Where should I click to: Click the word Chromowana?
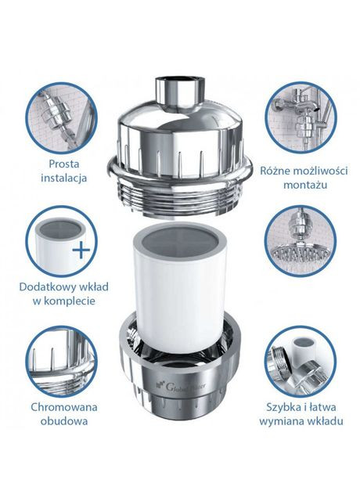coord(59,406)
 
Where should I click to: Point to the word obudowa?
coord(59,420)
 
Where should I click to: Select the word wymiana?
coord(281,421)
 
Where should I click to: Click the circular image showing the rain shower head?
coord(300,243)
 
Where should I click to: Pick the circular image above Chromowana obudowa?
coord(60,360)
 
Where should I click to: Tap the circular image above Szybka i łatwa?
coord(300,360)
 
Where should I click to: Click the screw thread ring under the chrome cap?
coord(179,185)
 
